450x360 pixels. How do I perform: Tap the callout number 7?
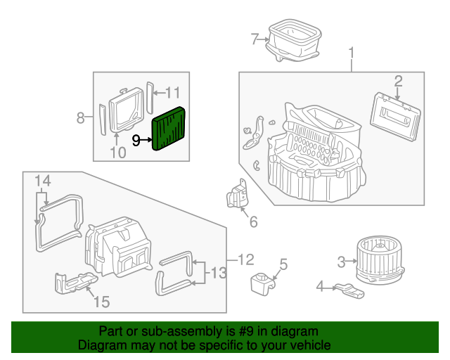click(x=255, y=39)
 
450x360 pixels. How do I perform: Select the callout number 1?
click(x=351, y=53)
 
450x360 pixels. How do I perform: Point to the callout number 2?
click(x=397, y=80)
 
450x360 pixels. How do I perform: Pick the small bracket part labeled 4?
click(x=349, y=289)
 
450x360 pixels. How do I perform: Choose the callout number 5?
click(x=283, y=264)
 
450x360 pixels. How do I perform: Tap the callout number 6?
click(x=253, y=222)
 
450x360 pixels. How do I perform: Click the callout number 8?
click(x=80, y=117)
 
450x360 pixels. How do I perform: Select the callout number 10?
click(x=117, y=152)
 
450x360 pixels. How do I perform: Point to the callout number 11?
click(x=172, y=92)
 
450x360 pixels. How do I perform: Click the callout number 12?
click(x=244, y=260)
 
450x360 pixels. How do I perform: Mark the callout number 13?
click(x=220, y=272)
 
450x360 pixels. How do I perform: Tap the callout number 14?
click(x=43, y=181)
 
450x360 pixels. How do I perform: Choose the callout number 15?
click(x=101, y=302)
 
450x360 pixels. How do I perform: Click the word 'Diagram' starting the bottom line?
click(x=100, y=345)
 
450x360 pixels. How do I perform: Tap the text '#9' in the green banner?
click(x=247, y=331)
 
